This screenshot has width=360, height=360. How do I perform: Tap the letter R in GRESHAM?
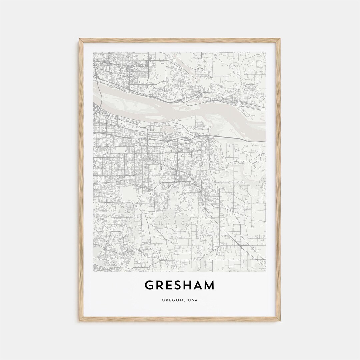(x=160, y=285)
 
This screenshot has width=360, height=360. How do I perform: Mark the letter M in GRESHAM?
(x=210, y=285)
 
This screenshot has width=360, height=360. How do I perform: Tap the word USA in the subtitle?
(x=193, y=300)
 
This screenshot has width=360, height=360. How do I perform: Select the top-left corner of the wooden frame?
(x=80, y=39)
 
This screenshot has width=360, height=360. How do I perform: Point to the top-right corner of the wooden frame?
(x=280, y=39)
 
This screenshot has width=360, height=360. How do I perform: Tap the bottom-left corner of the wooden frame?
(x=80, y=321)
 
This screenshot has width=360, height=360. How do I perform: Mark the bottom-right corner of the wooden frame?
(x=280, y=321)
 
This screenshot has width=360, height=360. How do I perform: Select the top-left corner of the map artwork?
(x=94, y=52)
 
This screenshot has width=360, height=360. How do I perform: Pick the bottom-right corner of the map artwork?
(x=266, y=272)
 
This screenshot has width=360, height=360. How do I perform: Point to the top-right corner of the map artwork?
(x=266, y=52)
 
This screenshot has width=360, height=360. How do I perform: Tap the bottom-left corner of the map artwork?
(x=94, y=272)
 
